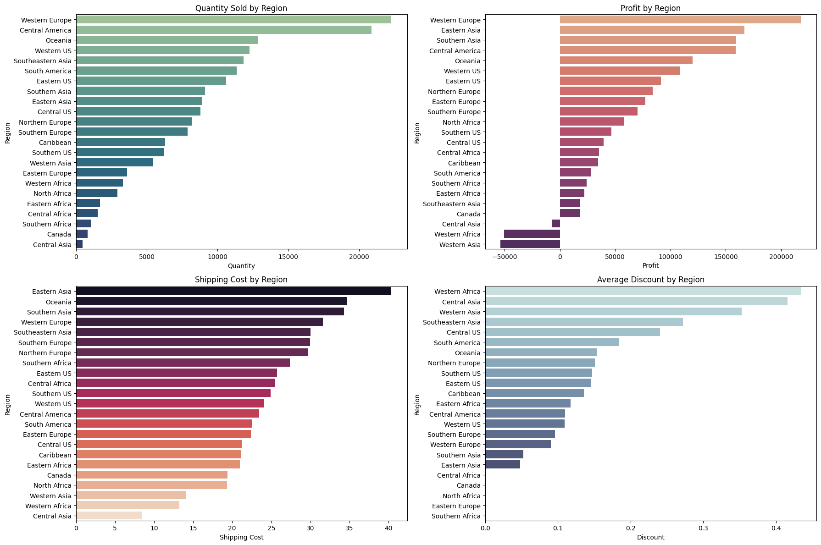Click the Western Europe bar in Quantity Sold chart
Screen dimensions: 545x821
tap(233, 20)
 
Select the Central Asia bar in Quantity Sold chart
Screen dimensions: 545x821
tap(79, 244)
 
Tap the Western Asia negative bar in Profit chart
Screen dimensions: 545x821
tap(530, 244)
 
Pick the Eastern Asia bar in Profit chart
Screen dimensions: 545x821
tap(652, 30)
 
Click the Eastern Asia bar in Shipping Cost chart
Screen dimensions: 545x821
tap(233, 292)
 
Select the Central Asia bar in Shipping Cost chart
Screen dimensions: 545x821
tap(109, 516)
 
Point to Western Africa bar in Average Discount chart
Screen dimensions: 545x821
tap(643, 292)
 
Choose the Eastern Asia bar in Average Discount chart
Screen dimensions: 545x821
tap(503, 465)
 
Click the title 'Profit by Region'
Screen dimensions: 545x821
tap(650, 8)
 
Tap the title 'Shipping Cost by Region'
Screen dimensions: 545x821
tap(241, 280)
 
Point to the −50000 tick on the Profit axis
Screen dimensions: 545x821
tap(505, 257)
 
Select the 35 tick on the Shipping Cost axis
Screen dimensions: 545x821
tap(349, 528)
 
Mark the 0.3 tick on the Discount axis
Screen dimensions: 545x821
tap(703, 528)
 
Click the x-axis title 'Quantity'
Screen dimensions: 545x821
tap(241, 266)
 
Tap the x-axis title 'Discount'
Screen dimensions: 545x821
tap(650, 537)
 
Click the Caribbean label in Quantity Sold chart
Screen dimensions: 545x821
tap(55, 143)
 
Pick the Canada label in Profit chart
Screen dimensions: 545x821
tap(469, 214)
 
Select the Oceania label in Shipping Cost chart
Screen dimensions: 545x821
tap(59, 302)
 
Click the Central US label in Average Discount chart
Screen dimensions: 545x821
tap(464, 332)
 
